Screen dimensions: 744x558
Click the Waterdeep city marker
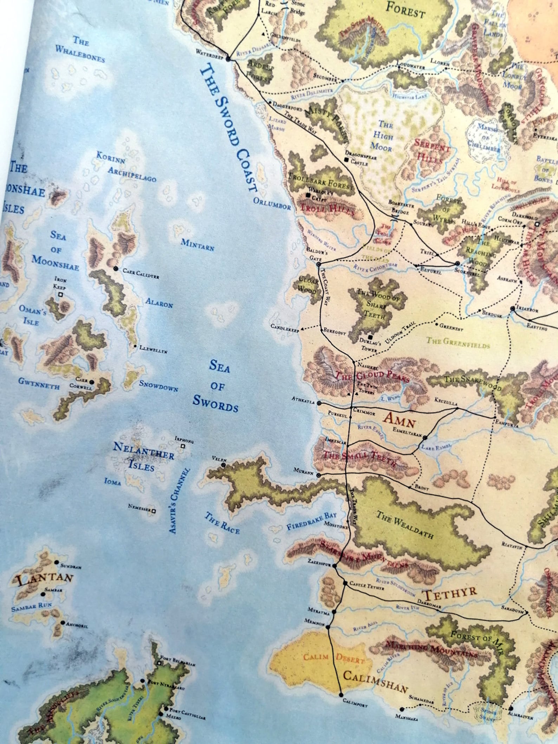click(228, 59)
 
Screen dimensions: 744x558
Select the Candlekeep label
click(284, 327)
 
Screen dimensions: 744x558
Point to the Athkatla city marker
click(319, 403)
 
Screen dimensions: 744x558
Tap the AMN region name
click(400, 419)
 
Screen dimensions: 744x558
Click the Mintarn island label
click(197, 244)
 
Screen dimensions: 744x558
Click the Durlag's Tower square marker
click(370, 337)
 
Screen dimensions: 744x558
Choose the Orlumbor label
click(272, 203)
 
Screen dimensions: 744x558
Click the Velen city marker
click(223, 465)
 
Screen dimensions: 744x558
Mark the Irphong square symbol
click(182, 446)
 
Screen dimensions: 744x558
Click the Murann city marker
click(318, 475)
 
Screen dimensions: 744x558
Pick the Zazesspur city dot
click(335, 566)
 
